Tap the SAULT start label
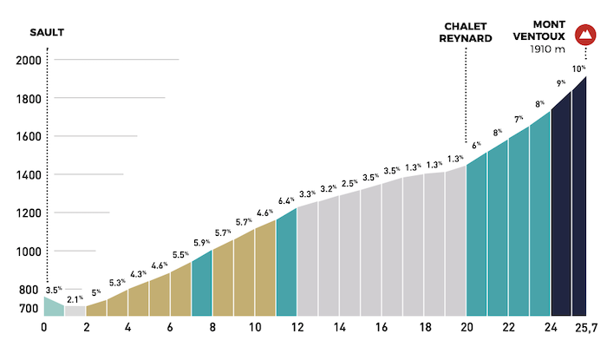click(48, 33)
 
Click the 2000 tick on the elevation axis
click(30, 60)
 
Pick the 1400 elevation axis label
click(30, 175)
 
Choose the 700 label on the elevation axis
click(28, 309)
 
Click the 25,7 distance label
click(586, 328)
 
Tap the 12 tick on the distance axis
click(297, 328)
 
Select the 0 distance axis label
click(44, 328)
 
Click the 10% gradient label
click(578, 69)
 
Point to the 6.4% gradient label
click(287, 201)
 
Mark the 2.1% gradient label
click(75, 299)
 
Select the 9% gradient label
click(561, 82)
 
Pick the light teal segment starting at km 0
click(54, 307)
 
